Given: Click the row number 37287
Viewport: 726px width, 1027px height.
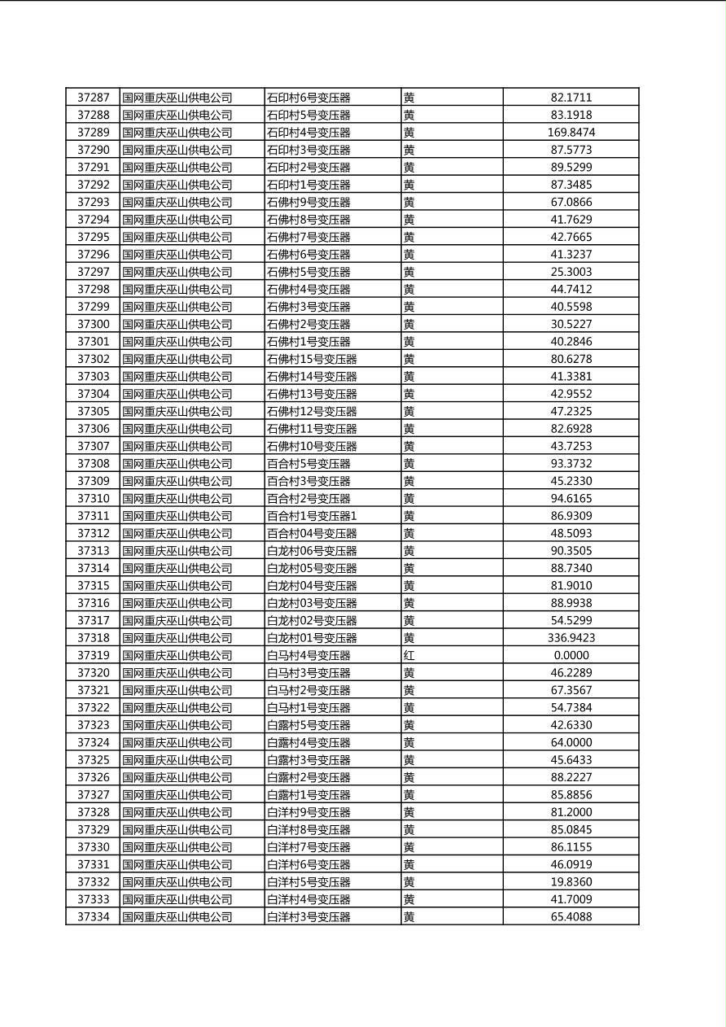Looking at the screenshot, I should pos(93,98).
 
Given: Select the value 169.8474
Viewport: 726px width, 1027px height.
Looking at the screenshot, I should pos(571,133).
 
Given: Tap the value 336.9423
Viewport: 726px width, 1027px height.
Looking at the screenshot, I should pos(571,638).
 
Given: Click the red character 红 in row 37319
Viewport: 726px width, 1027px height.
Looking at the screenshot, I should pos(409,655).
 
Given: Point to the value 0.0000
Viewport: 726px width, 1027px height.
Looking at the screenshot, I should pos(571,655).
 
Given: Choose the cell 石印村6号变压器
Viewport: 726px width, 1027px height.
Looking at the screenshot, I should pos(308,98).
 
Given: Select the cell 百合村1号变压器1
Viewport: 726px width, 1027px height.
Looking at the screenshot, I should pos(312,516).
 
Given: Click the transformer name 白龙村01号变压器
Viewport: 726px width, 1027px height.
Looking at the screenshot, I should pos(312,638).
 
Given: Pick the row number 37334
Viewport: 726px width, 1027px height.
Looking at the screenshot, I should pos(93,916).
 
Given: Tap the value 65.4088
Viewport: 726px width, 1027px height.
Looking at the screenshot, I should pos(571,916).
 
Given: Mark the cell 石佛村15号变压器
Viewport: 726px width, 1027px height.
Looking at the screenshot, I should pos(312,359).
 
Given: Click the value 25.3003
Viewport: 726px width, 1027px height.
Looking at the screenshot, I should pos(571,272).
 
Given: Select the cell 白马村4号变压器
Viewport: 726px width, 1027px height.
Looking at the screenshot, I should pos(308,655).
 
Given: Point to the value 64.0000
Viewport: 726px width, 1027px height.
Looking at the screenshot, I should pos(571,742).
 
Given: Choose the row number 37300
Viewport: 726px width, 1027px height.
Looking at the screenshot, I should pos(93,324).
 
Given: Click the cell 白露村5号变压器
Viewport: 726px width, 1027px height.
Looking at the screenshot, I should pos(308,725).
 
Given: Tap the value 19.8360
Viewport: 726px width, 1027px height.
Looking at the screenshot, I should pos(571,882).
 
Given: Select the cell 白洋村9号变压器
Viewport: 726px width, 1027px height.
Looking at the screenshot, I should pos(308,812).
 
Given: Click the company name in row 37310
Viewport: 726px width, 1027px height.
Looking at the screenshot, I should pos(177,498).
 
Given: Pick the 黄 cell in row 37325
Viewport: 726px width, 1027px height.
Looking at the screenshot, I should pos(409,760).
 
